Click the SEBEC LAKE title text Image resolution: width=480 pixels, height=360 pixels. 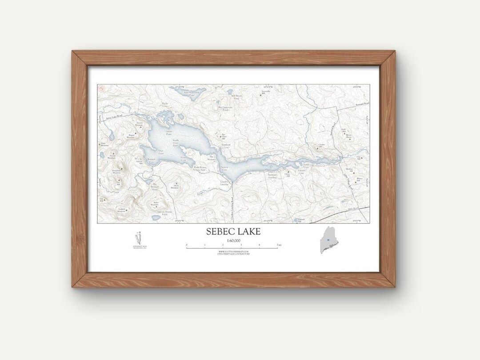233,232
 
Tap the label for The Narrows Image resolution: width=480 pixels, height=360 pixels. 212,158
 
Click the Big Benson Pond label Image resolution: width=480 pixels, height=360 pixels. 155,187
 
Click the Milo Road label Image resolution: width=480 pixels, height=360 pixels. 353,208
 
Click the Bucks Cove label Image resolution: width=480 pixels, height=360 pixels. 165,106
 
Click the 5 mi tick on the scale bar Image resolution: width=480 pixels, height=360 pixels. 278,245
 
